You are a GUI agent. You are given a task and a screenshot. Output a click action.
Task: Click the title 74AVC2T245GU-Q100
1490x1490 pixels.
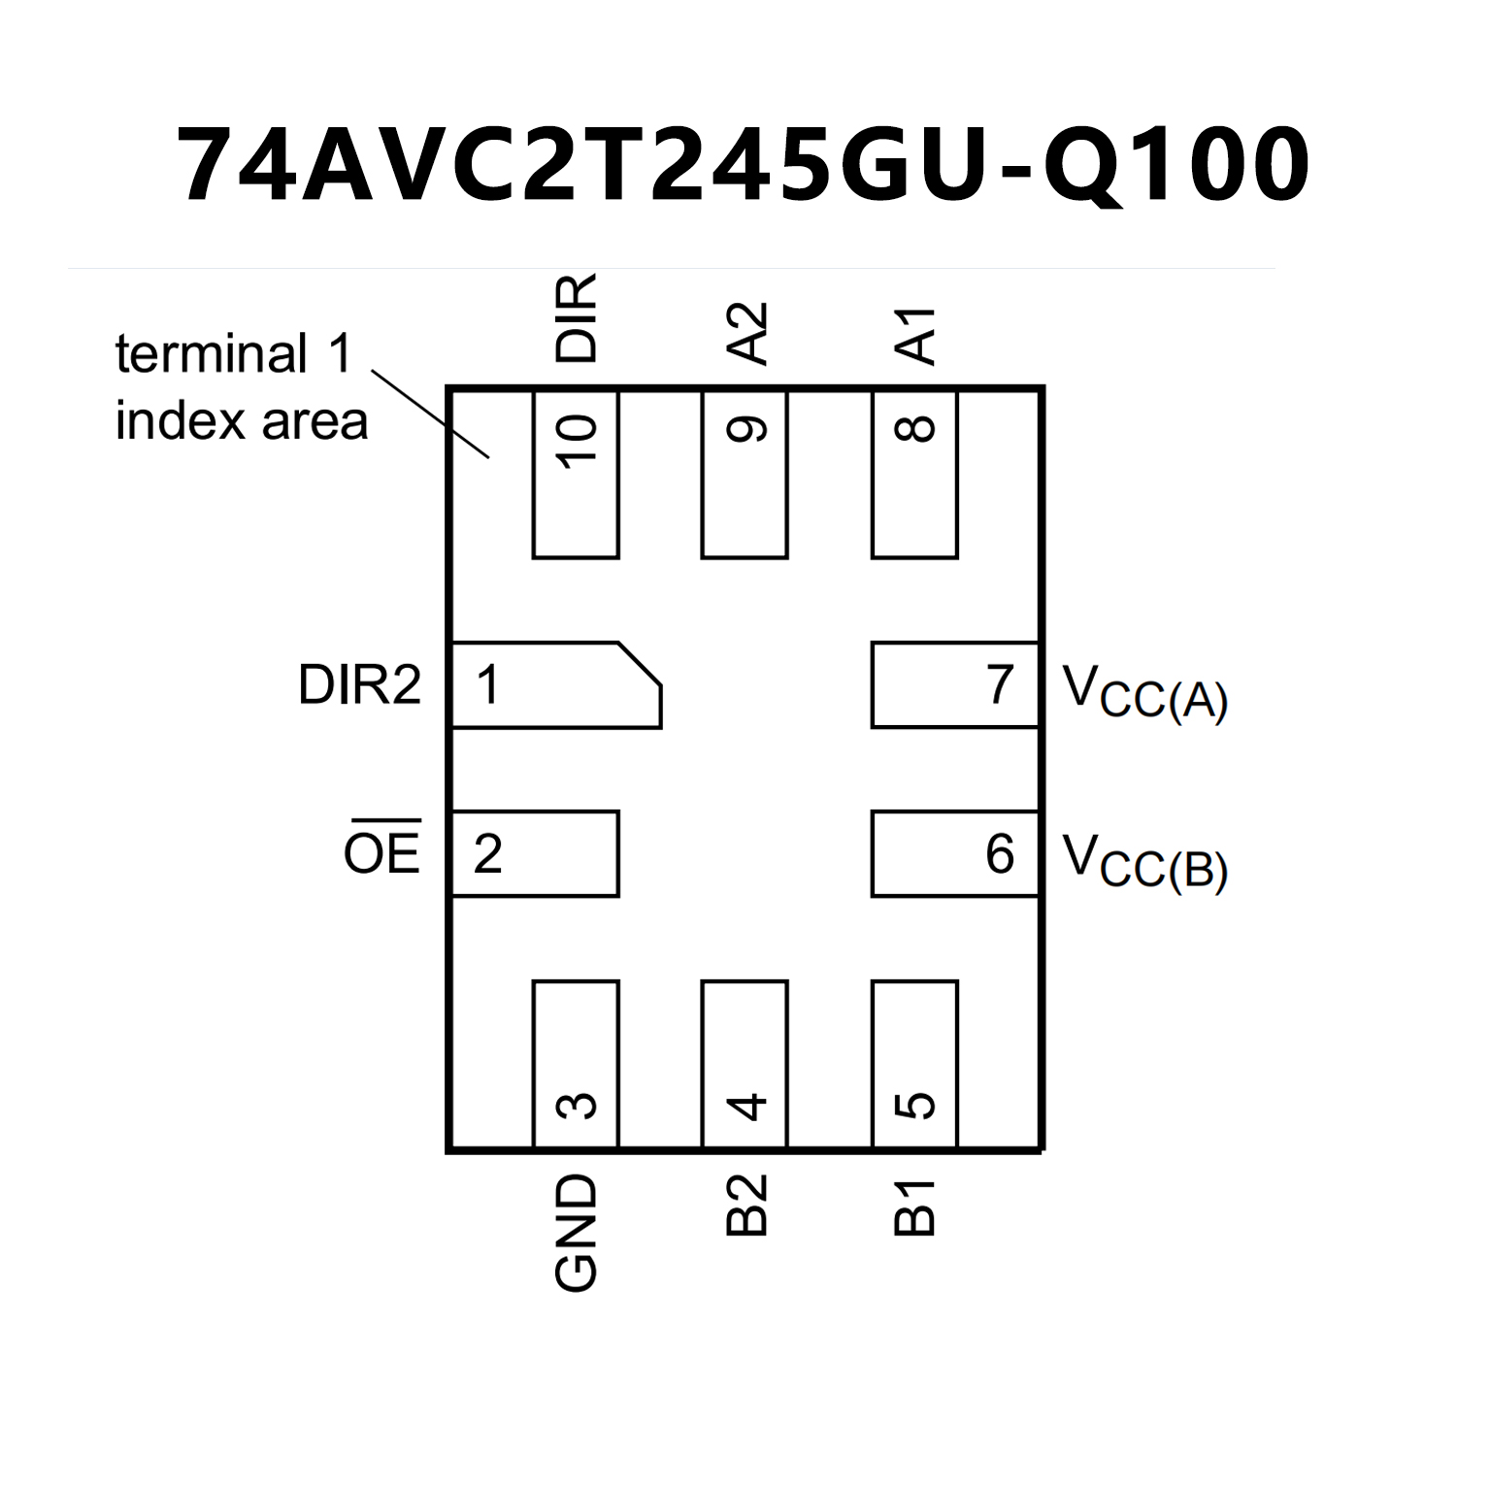tap(744, 166)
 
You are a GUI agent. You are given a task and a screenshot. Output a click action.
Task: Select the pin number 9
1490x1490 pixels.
tap(746, 429)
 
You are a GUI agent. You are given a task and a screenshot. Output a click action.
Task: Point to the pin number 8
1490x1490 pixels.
tap(915, 429)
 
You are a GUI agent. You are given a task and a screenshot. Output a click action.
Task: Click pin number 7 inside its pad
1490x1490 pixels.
tap(1000, 684)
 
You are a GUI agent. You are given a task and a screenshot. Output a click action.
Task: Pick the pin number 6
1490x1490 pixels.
tap(1000, 854)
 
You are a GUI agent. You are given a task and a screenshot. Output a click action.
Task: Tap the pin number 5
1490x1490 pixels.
tap(915, 1106)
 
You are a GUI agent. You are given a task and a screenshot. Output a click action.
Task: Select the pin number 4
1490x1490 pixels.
tap(746, 1106)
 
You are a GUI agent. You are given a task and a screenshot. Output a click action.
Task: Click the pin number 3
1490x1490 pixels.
tap(577, 1106)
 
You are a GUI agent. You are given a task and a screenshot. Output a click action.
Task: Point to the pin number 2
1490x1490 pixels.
tap(487, 854)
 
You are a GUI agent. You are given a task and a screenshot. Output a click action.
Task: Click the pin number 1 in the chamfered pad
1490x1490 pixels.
tap(488, 685)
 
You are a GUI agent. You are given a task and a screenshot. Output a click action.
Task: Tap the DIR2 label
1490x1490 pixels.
tap(360, 685)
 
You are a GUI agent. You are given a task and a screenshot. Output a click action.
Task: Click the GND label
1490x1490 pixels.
tap(576, 1233)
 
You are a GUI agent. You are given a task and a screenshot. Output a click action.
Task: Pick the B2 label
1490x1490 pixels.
tap(746, 1206)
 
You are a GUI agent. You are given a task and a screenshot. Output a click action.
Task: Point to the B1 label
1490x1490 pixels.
tap(914, 1208)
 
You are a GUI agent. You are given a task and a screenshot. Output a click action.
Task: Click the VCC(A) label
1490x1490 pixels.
tap(1145, 691)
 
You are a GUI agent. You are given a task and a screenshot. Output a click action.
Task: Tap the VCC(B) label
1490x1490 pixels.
tap(1145, 861)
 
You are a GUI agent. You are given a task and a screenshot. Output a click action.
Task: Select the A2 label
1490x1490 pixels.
tap(746, 333)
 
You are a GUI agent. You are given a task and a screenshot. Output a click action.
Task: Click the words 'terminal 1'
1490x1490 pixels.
tap(234, 353)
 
